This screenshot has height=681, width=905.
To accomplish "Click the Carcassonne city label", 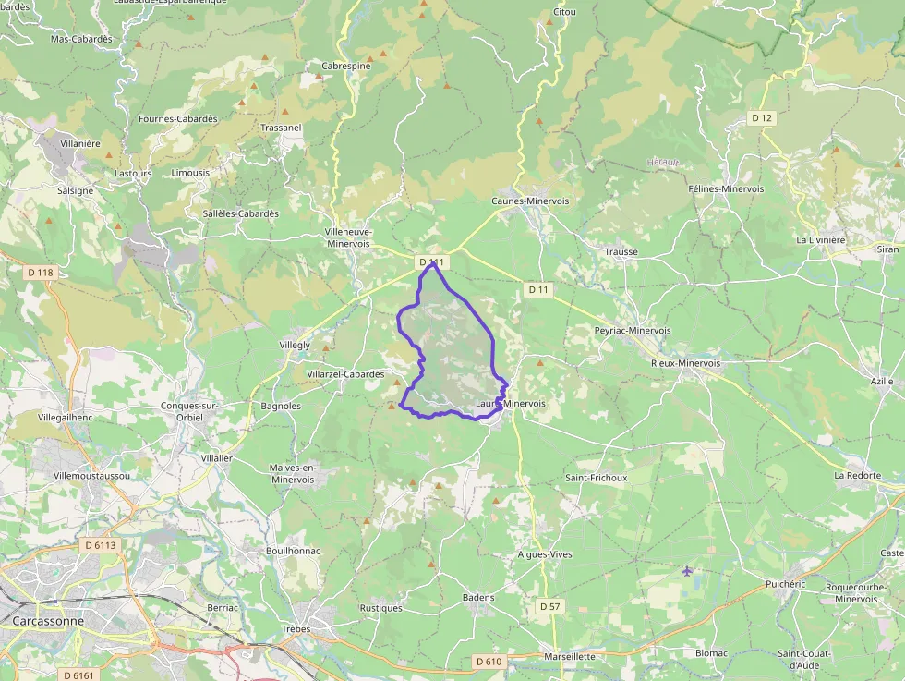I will coord(48,621).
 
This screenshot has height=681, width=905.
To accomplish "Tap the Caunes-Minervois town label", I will coord(530,201).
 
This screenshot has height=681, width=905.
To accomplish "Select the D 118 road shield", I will coord(41,273).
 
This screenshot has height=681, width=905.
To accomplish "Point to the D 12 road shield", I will coord(761,117).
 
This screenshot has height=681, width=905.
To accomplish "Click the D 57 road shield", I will coord(549,606).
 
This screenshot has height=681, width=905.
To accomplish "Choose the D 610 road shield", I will coord(489,662).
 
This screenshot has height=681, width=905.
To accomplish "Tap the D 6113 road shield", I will coord(101,545).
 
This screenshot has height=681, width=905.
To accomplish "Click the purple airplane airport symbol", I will coord(687,571).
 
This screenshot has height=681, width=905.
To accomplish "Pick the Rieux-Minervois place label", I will coord(685,363).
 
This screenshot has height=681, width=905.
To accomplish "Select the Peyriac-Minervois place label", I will coord(633,330).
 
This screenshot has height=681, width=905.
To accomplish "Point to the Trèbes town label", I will coord(296,628).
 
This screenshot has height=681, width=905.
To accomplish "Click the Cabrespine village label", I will coord(345,67).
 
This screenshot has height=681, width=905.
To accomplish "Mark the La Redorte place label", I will coord(858,475).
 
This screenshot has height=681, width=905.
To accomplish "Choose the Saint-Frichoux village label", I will coord(596,478).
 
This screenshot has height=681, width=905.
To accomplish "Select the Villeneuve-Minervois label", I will coord(348,237).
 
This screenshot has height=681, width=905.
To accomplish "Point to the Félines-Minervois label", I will coord(726,188).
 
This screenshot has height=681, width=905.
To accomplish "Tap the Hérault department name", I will coord(663,162).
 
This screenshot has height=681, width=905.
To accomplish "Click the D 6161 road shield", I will coord(79,675).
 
